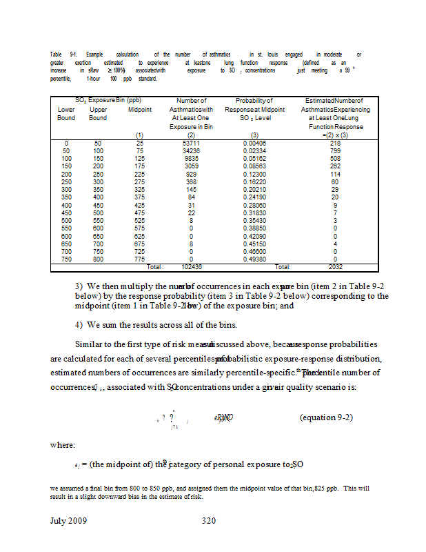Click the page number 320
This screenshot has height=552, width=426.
(210, 521)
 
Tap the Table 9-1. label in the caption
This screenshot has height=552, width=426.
(63, 54)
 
